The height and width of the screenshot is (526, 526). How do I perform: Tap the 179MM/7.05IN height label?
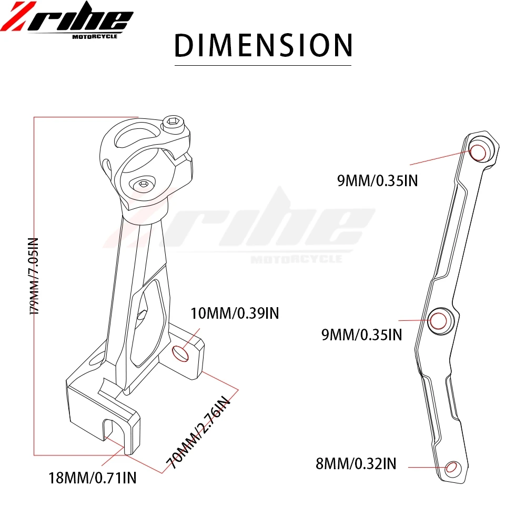pyautogui.click(x=34, y=277)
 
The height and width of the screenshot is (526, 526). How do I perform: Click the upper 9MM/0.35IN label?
pyautogui.click(x=377, y=181)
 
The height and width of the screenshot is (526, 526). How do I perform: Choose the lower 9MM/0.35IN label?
pyautogui.click(x=362, y=334)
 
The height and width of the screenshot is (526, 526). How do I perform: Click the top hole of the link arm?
pyautogui.click(x=479, y=152)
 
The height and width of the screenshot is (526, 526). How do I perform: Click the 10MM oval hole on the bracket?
pyautogui.click(x=180, y=353)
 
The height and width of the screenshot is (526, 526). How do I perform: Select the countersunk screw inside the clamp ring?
pyautogui.click(x=143, y=184)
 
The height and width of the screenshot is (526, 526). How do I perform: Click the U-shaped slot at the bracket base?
pyautogui.click(x=112, y=429)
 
